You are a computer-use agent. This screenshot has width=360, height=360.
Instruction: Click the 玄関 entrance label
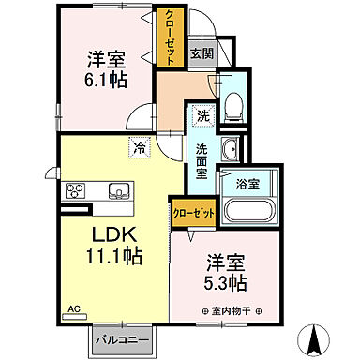click(201, 53)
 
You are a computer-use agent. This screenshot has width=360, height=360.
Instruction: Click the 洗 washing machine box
click(202, 117)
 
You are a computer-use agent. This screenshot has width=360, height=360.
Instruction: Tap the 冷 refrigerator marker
click(139, 147)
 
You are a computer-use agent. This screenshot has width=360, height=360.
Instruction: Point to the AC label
click(73, 307)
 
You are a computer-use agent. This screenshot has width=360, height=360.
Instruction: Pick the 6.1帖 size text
click(101, 82)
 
